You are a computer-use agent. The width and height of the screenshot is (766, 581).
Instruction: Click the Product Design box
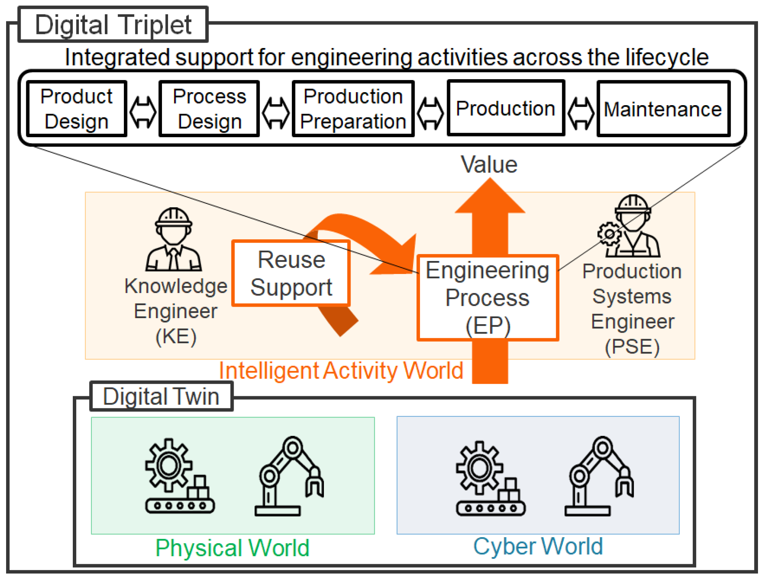[77, 109]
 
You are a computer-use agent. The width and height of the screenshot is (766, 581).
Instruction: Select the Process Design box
[209, 109]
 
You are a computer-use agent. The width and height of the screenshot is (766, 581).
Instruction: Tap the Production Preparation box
[353, 109]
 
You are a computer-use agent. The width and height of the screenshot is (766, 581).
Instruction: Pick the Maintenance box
[663, 109]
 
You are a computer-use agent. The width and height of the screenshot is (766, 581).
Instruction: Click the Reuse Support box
[291, 273]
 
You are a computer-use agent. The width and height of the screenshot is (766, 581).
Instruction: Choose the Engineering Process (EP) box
[488, 298]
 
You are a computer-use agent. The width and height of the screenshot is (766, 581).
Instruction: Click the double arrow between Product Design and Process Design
[143, 112]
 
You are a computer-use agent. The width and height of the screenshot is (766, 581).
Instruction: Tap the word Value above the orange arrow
[489, 165]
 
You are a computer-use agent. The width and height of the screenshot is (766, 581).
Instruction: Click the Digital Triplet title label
[113, 24]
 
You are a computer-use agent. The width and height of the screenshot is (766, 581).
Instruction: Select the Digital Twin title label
[161, 396]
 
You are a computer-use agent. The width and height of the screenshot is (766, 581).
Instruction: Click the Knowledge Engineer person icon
[174, 239]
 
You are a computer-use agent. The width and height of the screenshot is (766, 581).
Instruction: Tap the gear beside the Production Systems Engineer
[609, 234]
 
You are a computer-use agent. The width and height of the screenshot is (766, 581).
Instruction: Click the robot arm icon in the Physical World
[289, 476]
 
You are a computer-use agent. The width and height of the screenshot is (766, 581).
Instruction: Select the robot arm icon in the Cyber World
[599, 476]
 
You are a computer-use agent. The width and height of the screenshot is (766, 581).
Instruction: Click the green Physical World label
[232, 548]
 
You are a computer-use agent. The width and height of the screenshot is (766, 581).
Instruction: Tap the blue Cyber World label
[538, 547]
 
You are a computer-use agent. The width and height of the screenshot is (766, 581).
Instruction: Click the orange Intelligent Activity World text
[341, 370]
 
